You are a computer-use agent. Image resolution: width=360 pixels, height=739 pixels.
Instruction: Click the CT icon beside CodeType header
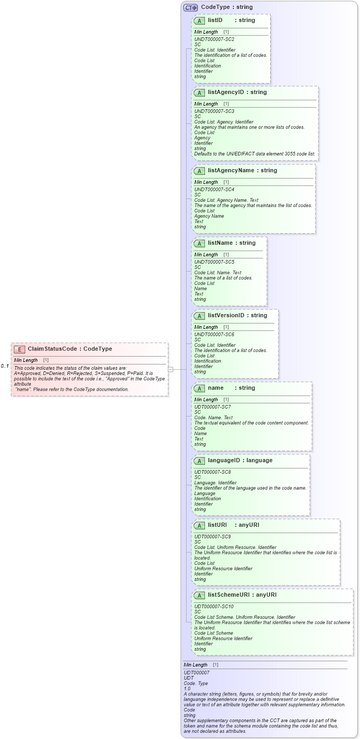click(190, 7)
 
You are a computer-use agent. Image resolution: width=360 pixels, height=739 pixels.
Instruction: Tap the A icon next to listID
click(199, 20)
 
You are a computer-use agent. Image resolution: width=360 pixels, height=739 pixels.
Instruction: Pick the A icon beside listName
click(199, 243)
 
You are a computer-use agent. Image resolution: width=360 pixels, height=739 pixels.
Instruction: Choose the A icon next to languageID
click(199, 461)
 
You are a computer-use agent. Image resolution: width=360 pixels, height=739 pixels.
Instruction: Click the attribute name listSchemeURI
click(229, 595)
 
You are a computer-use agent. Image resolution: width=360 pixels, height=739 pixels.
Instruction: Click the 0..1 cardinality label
click(5, 366)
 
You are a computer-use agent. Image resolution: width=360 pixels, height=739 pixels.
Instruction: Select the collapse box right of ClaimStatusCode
click(170, 369)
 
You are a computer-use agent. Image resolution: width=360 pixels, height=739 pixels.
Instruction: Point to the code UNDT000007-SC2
click(214, 39)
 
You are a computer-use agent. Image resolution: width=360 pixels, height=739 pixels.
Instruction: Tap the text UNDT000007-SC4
click(214, 190)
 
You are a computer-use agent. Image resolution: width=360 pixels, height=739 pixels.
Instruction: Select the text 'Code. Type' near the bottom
click(196, 683)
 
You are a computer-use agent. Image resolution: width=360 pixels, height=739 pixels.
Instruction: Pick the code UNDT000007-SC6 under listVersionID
click(214, 335)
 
